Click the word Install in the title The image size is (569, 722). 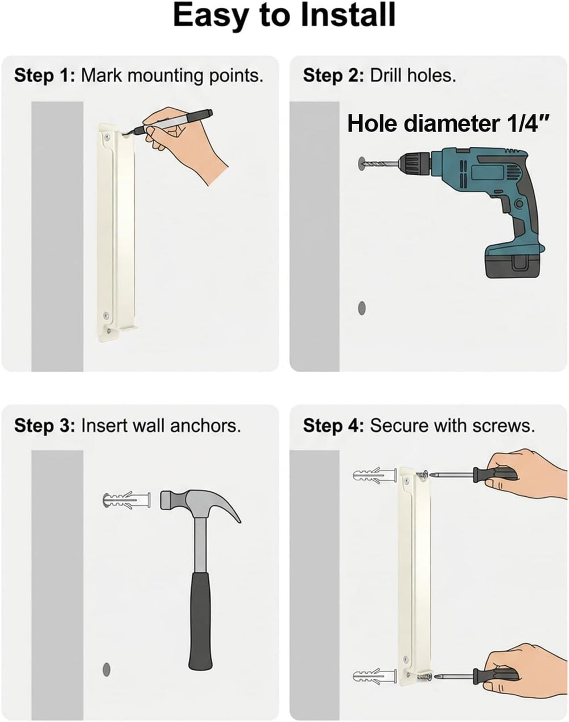click(x=348, y=15)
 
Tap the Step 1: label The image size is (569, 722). click(x=44, y=76)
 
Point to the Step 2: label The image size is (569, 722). click(x=333, y=76)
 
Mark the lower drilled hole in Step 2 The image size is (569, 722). click(x=362, y=308)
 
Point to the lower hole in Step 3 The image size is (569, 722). click(x=106, y=669)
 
